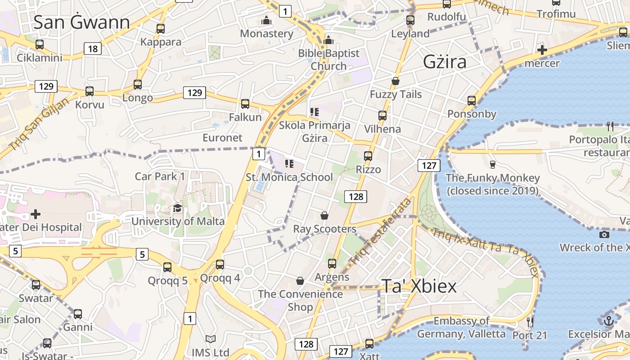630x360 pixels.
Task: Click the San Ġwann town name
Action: click(81, 22)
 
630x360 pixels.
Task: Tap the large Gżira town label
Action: click(445, 62)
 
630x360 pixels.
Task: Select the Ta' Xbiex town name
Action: click(419, 286)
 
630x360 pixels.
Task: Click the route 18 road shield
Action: click(92, 49)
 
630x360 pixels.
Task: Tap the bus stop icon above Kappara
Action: click(161, 29)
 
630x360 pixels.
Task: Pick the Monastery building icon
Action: click(266, 20)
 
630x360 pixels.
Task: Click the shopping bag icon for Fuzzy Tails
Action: click(396, 81)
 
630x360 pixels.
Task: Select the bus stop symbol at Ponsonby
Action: click(471, 101)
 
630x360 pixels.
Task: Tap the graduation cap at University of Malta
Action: click(178, 208)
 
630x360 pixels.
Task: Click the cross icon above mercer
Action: click(542, 50)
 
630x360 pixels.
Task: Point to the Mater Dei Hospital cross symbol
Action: click(36, 214)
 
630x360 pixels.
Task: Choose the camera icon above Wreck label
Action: click(604, 234)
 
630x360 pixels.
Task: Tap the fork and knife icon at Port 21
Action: click(530, 322)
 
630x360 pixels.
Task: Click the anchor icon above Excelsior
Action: click(608, 321)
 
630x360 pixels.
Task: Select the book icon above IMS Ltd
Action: click(211, 339)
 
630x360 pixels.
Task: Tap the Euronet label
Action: click(222, 138)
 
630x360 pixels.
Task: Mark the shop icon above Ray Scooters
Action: click(324, 216)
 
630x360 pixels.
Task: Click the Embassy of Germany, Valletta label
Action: click(461, 327)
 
